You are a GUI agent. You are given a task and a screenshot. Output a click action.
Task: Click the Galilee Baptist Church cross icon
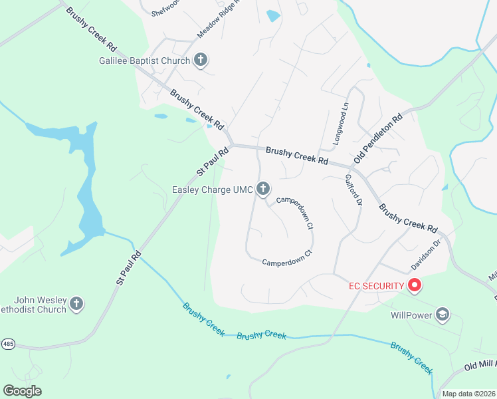(201, 61)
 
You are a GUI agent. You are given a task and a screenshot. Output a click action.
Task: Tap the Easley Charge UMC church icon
(264, 190)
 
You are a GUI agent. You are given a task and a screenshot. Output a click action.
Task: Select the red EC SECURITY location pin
(415, 286)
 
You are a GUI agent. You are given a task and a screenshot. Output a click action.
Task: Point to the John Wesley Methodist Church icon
(76, 305)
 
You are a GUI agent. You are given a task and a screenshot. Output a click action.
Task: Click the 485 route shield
(8, 344)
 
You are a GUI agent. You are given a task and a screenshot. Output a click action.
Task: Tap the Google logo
(22, 391)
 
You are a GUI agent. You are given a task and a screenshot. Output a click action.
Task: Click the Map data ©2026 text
(468, 394)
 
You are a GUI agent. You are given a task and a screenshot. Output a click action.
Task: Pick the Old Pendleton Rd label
(379, 138)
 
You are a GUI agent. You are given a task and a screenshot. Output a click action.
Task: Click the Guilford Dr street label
(353, 190)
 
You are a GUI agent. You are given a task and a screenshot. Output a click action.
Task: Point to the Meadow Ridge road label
(217, 23)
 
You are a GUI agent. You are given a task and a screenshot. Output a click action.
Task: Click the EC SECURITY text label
(377, 286)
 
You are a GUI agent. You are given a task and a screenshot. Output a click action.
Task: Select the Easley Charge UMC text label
(212, 190)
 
